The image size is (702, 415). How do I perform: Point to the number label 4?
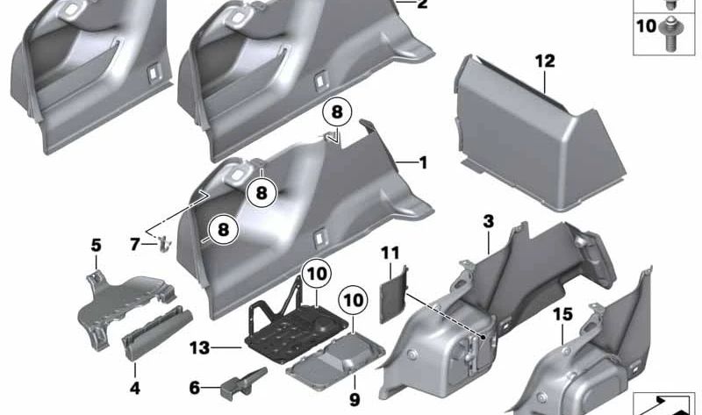tap(133, 387)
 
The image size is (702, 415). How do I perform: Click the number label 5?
tap(96, 245)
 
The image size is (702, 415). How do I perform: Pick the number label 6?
tap(194, 386)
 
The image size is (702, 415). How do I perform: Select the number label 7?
tap(135, 244)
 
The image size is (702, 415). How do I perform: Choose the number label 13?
tap(200, 348)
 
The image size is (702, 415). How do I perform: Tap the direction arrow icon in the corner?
tap(664, 404)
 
